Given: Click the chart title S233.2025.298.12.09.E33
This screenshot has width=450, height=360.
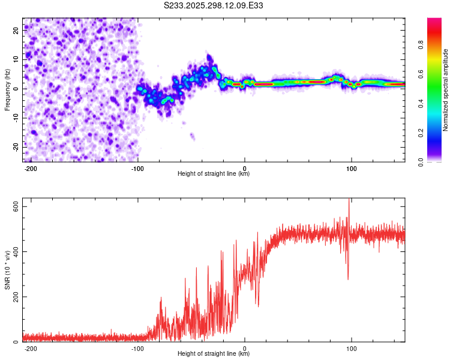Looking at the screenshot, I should [214, 5].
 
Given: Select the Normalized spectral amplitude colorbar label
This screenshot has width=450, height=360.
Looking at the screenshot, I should [445, 90].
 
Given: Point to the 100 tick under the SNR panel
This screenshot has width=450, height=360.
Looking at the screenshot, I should [352, 349].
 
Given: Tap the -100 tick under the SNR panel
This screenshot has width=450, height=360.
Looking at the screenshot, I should [137, 349].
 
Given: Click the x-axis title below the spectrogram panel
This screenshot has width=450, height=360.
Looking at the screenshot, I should [214, 175].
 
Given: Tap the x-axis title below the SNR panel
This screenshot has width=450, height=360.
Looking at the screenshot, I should [214, 354].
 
